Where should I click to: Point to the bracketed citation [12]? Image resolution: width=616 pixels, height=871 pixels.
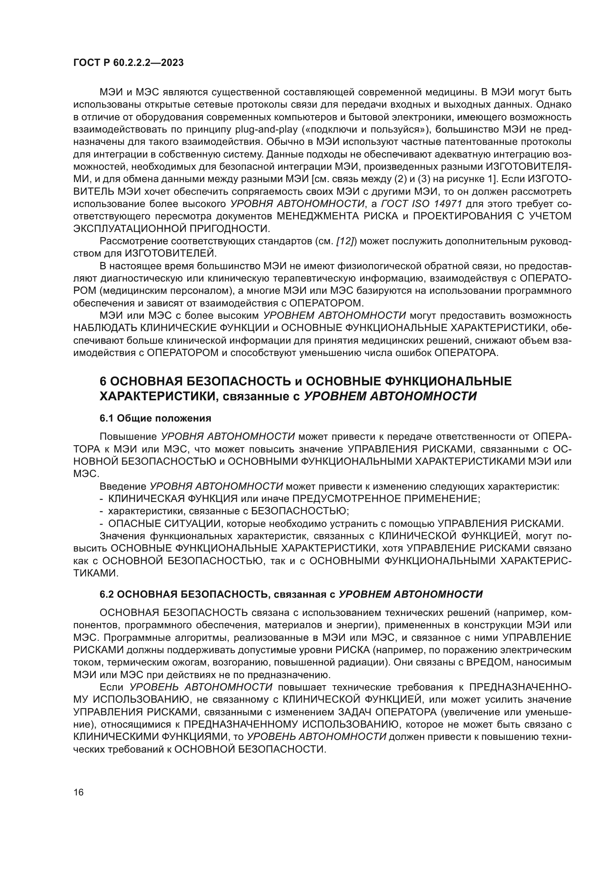pos(345,241)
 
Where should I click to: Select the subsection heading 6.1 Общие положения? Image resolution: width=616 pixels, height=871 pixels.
pos(155,419)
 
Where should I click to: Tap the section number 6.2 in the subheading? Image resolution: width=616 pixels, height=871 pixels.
pos(107,594)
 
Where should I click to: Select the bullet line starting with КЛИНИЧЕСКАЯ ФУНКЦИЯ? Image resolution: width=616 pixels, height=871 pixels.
pos(290,499)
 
